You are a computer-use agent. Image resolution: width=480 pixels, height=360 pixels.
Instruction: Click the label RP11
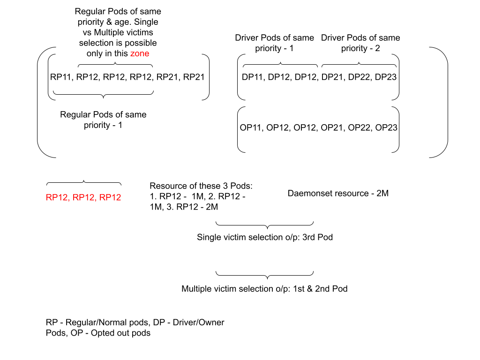pos(61,77)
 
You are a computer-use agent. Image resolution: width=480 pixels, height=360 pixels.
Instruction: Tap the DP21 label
pos(332,77)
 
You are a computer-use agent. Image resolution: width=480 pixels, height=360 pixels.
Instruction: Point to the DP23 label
pos(386,77)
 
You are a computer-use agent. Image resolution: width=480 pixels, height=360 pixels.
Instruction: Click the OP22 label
pos(359,127)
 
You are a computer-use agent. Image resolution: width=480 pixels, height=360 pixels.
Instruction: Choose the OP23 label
pos(386,127)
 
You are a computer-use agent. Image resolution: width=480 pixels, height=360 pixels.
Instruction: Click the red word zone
pos(140,53)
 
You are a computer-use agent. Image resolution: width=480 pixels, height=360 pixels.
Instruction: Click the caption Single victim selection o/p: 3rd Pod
pos(265,237)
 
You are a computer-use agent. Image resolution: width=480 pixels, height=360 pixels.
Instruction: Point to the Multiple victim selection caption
pos(264,289)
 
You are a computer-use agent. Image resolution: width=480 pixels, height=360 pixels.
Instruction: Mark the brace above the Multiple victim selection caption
pos(265,274)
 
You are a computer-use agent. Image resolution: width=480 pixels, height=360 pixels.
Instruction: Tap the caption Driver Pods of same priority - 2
pos(360,43)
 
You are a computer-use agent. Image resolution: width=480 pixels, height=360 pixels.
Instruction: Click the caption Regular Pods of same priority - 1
pos(103,120)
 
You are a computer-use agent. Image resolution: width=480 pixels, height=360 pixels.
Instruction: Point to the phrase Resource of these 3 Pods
pos(201,186)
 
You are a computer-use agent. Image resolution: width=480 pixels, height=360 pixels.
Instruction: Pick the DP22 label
pos(359,77)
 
